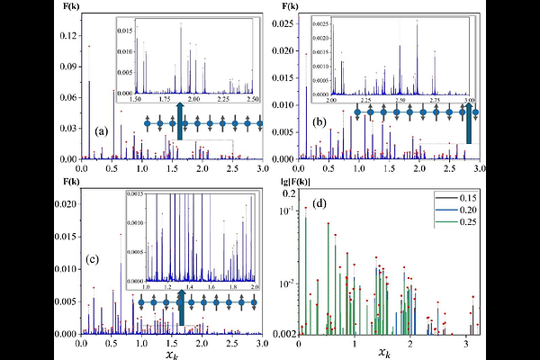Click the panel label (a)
[102, 131]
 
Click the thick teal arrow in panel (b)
[469, 123]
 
